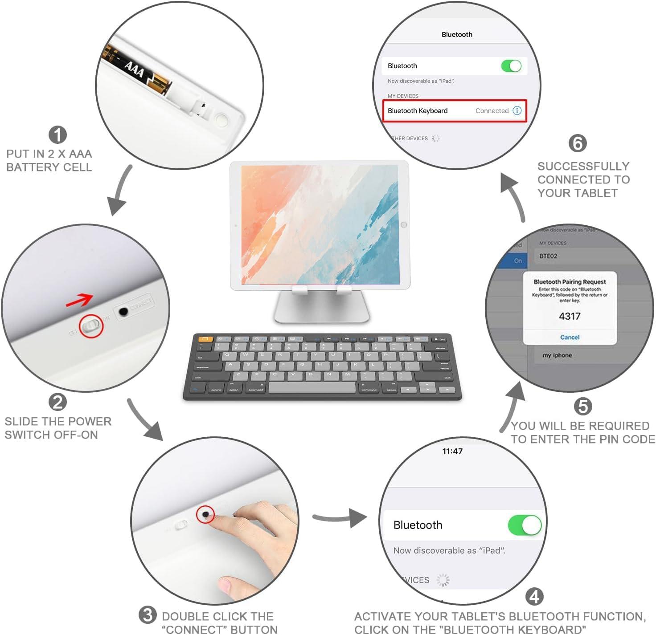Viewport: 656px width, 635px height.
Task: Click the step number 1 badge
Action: (x=57, y=135)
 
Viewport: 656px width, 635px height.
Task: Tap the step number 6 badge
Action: (x=578, y=143)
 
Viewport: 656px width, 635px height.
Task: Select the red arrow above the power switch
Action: (x=79, y=301)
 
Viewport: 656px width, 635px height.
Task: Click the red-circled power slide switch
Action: (x=91, y=326)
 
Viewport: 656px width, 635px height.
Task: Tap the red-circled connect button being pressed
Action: (x=205, y=515)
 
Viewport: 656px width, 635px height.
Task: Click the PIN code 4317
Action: (x=570, y=316)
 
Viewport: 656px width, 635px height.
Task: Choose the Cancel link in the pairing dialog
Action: (x=570, y=337)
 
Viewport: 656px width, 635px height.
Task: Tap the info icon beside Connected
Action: (x=517, y=111)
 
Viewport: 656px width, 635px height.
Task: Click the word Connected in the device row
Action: (x=492, y=111)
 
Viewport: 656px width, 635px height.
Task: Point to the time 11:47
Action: (x=452, y=451)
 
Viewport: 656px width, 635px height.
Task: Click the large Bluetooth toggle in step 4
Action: (x=525, y=525)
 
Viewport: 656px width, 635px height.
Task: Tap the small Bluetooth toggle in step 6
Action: (x=511, y=66)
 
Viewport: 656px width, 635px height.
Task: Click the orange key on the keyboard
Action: (x=205, y=339)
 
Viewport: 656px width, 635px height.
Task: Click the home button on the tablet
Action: (x=404, y=225)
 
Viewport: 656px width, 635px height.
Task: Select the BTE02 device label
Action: (x=548, y=256)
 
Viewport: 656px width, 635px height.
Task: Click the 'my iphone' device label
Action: (x=557, y=355)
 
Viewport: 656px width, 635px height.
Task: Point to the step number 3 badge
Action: (x=148, y=615)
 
